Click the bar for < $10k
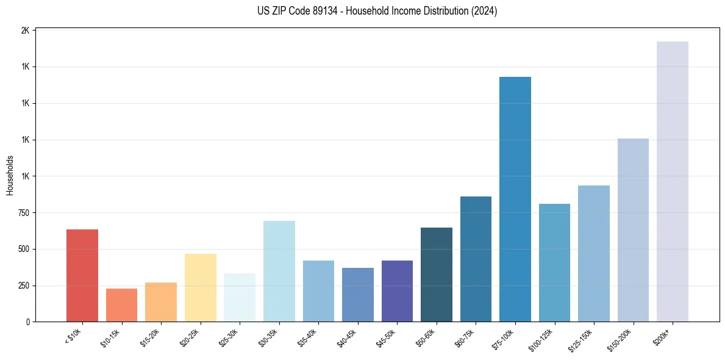click(x=82, y=275)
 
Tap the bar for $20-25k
click(x=200, y=287)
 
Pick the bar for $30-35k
click(x=279, y=271)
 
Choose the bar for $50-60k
click(x=436, y=275)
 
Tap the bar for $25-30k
click(x=240, y=297)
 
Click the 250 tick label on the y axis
click(x=23, y=286)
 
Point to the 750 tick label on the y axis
click(x=23, y=213)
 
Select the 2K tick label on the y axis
click(x=25, y=31)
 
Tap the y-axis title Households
click(x=10, y=176)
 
